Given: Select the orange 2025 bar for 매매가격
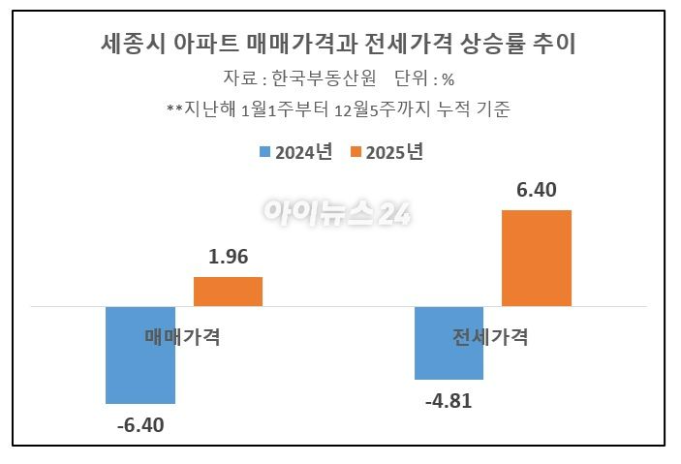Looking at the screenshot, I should click(228, 292).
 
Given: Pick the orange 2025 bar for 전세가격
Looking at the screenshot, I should click(536, 258).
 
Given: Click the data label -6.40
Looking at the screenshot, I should click(140, 424).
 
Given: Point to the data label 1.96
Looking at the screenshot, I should click(229, 258).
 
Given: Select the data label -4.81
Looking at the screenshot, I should click(449, 400).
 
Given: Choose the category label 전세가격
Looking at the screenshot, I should click(490, 337).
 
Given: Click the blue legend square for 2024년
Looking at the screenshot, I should click(264, 153).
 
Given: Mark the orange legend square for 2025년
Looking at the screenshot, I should click(356, 153).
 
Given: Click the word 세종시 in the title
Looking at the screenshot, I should click(131, 44).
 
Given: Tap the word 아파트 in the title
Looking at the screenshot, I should click(204, 44).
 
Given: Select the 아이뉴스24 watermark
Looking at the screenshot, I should click(337, 212).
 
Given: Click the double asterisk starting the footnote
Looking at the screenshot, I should click(174, 109).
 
